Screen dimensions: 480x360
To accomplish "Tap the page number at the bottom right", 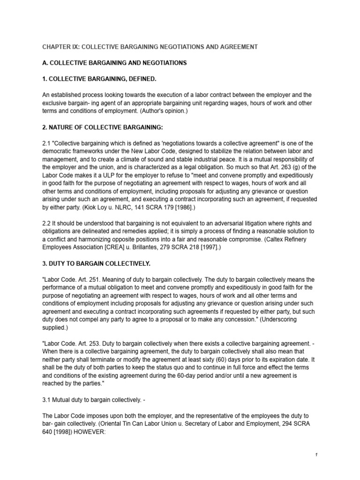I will [x=317, y=455].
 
